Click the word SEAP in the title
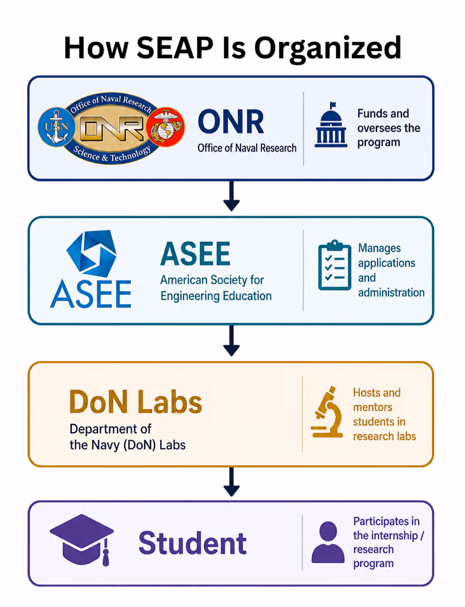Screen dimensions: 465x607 pos(175,48)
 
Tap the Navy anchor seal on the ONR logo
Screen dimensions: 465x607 pos(56,127)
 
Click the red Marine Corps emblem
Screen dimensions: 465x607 pos(166,127)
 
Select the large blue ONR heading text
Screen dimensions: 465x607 pos(231,122)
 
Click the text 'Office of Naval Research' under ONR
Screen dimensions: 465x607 pos(247,148)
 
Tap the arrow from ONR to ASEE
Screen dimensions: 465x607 pos(231,196)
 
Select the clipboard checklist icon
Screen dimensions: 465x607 pos(335,266)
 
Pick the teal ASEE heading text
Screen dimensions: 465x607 pos(195,255)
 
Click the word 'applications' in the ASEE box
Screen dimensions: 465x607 pos(386,263)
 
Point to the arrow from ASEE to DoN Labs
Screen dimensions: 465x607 pos(231,341)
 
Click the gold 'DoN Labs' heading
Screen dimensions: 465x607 pos(136,402)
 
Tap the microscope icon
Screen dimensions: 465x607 pos(327,412)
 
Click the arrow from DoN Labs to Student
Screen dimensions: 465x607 pos(231,482)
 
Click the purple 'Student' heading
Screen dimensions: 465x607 pos(192,543)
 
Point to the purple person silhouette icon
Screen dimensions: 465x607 pos(328,542)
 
